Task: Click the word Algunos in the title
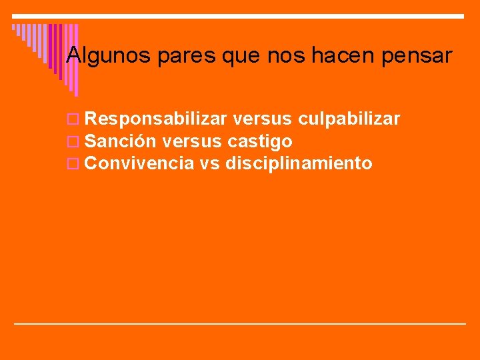pyautogui.click(x=110, y=55)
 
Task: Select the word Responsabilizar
pyautogui.click(x=157, y=119)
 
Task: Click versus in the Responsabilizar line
pyautogui.click(x=264, y=119)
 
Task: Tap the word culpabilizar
pyautogui.click(x=349, y=119)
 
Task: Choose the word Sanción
pyautogui.click(x=121, y=141)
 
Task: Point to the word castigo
pyautogui.click(x=260, y=142)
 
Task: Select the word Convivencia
pyautogui.click(x=140, y=163)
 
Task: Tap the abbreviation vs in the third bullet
pyautogui.click(x=210, y=163)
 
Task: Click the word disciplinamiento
pyautogui.click(x=299, y=163)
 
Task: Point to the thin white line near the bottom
pyautogui.click(x=240, y=323)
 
